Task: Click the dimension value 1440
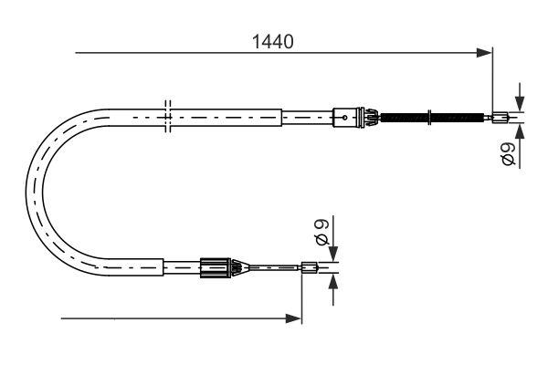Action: pyautogui.click(x=272, y=41)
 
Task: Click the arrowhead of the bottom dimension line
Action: pyautogui.click(x=294, y=318)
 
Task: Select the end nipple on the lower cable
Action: pyautogui.click(x=309, y=267)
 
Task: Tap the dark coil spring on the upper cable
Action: pyautogui.click(x=429, y=116)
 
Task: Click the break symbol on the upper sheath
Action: pyautogui.click(x=165, y=116)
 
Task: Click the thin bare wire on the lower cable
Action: pyautogui.click(x=274, y=267)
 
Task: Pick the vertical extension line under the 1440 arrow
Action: pyautogui.click(x=492, y=82)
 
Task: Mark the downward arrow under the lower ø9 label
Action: pyautogui.click(x=333, y=254)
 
